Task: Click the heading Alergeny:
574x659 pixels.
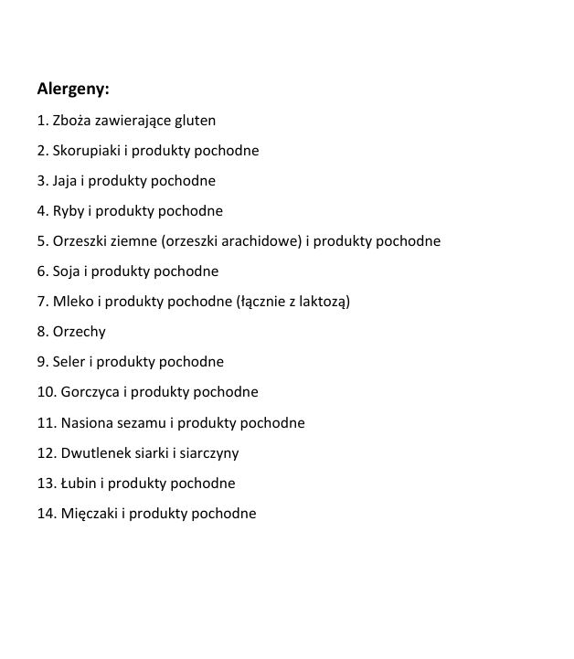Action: (73, 90)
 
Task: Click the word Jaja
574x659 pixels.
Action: (67, 181)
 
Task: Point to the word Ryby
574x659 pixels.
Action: (69, 211)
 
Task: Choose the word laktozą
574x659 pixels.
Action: (322, 302)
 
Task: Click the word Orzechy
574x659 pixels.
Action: (80, 332)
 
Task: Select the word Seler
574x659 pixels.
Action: (69, 362)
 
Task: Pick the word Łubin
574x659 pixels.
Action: (81, 483)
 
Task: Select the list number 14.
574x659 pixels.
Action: (46, 514)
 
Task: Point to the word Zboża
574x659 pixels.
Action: (71, 121)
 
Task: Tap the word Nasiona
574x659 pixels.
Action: (88, 423)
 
